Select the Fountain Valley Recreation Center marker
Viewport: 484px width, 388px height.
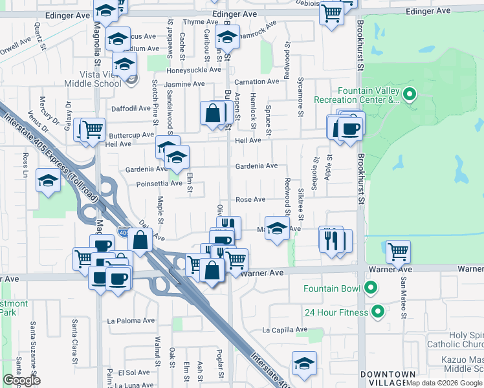(x=410, y=95)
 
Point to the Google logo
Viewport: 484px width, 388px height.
(x=21, y=380)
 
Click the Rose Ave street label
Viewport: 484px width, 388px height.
(x=250, y=200)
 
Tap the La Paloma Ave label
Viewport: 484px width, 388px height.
(x=131, y=320)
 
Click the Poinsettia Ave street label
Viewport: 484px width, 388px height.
(x=159, y=183)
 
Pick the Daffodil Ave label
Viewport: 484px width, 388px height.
(x=131, y=109)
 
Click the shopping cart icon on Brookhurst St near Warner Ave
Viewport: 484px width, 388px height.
(x=397, y=250)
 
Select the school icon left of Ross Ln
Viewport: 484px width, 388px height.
(x=48, y=180)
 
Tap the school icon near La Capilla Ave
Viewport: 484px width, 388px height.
(x=303, y=363)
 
